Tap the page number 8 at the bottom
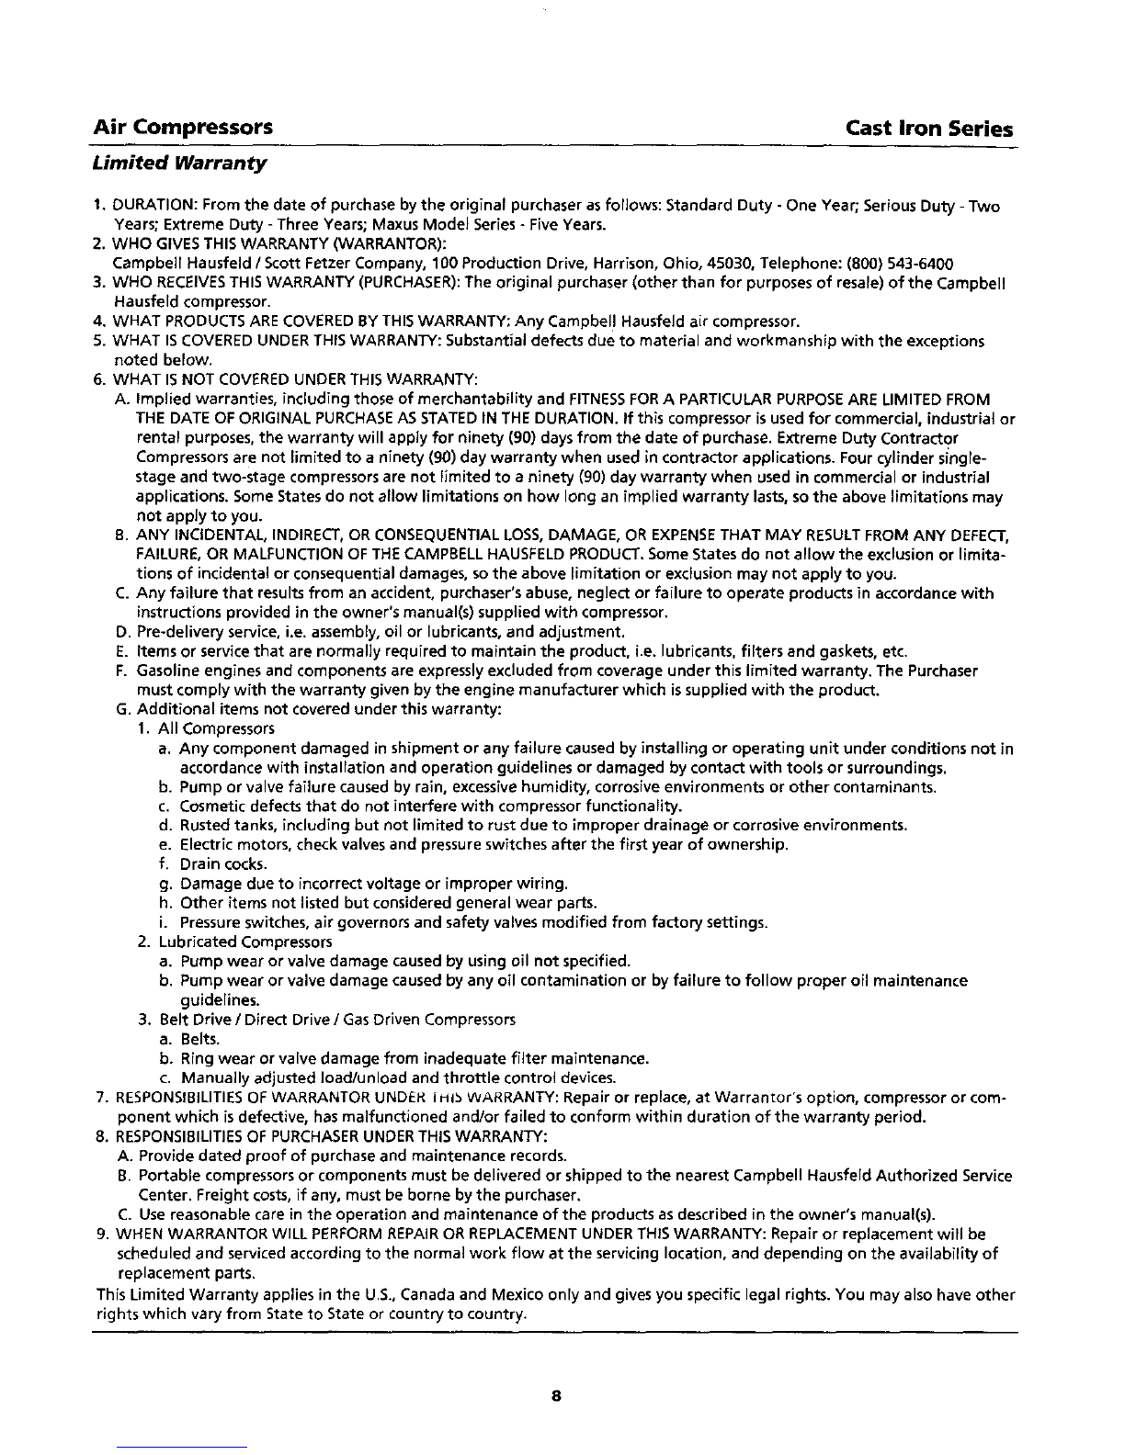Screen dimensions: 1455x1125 click(555, 1397)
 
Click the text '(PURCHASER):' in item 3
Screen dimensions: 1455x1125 click(411, 283)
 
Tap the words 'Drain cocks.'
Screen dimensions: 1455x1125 click(210, 864)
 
